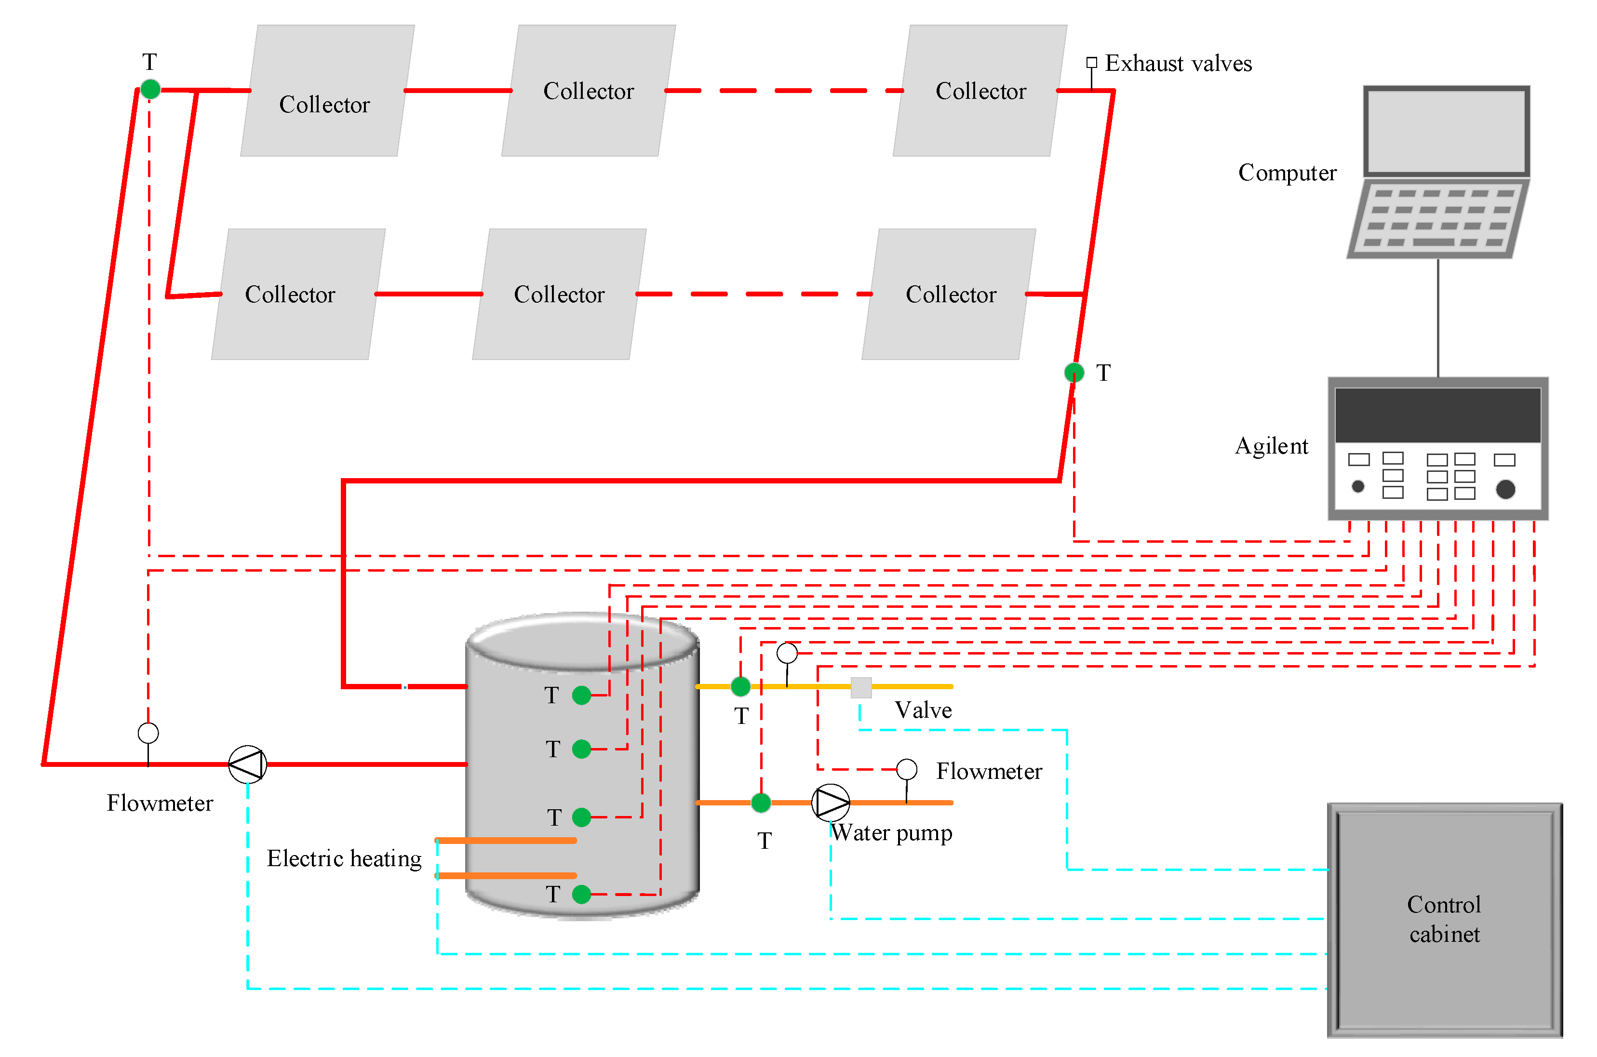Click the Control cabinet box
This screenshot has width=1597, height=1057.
(x=1444, y=920)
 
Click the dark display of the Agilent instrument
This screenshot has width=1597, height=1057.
(x=1437, y=414)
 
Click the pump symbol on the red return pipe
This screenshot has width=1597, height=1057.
(x=247, y=764)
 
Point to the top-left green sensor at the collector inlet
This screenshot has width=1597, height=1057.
(x=150, y=89)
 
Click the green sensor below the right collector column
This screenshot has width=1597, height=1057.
(x=1074, y=372)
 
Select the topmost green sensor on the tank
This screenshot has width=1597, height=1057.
(x=581, y=695)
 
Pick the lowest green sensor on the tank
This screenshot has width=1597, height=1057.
(x=581, y=895)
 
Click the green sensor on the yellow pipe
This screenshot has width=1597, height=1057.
(x=740, y=687)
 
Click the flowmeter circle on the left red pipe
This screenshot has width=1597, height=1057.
(x=148, y=733)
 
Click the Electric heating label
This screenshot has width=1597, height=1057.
(x=344, y=858)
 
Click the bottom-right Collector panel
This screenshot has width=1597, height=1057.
(x=949, y=294)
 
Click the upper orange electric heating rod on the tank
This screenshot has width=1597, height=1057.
(x=506, y=841)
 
